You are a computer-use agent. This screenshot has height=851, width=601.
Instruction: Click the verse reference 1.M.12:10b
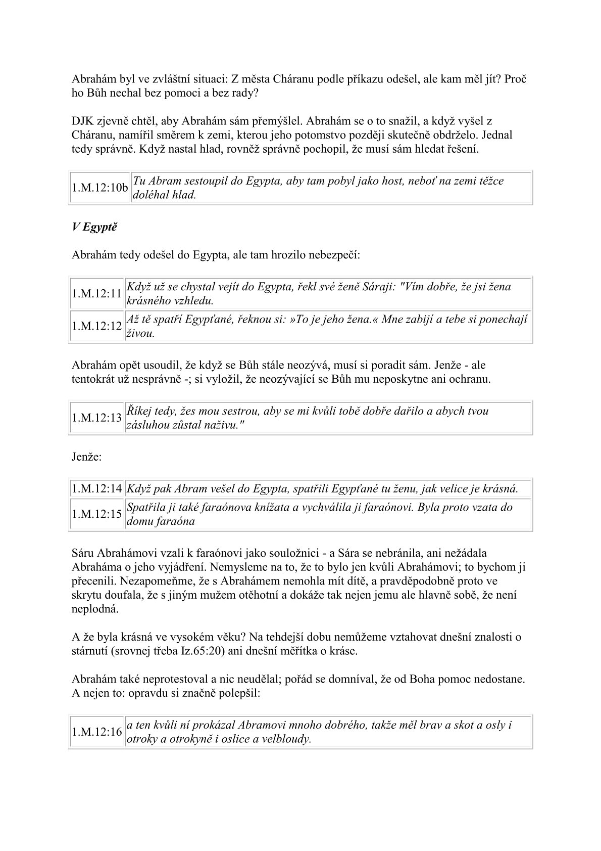coord(99,188)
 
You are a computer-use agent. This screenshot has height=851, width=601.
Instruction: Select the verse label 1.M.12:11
coord(97,294)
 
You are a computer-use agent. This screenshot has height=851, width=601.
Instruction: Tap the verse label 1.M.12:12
coord(97,326)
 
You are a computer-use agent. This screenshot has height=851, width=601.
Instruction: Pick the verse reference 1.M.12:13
coord(97,418)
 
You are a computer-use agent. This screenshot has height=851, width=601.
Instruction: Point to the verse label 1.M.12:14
coord(97,488)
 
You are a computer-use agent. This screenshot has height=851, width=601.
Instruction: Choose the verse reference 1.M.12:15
coord(97,514)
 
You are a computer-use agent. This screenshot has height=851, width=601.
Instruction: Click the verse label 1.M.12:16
coord(97,732)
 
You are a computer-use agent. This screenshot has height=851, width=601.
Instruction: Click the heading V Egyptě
coord(94,227)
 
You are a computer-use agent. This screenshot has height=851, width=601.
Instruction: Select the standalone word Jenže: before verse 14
coord(87,457)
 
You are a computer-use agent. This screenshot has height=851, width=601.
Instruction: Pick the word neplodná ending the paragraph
coord(95,609)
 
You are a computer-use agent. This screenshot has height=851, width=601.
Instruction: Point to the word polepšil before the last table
coord(237,693)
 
